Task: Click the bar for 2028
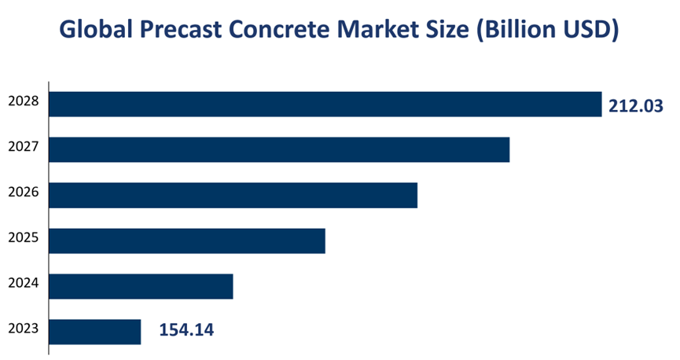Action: point(325,105)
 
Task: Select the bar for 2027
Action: point(279,149)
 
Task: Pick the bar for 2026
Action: point(233,195)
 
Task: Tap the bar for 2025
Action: point(187,241)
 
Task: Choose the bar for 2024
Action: point(141,286)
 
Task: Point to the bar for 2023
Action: point(95,332)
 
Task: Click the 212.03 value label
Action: point(636,105)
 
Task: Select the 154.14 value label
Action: point(186,331)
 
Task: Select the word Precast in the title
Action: point(186,30)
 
